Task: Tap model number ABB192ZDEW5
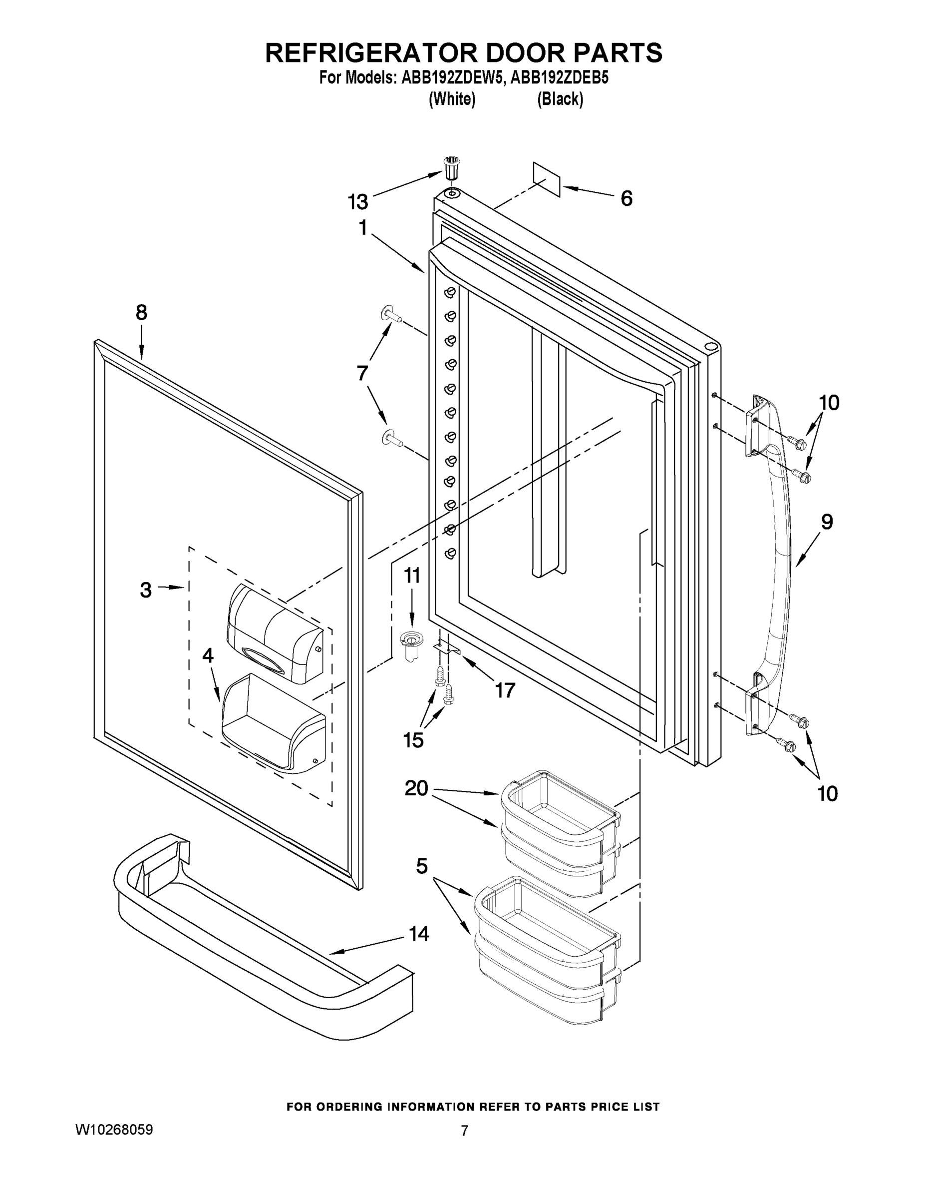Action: pyautogui.click(x=451, y=77)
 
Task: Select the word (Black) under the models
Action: pyautogui.click(x=560, y=99)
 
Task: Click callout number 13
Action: pyautogui.click(x=358, y=202)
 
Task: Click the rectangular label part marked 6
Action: pyautogui.click(x=547, y=179)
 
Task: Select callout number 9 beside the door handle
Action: pyautogui.click(x=827, y=522)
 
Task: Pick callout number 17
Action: pyautogui.click(x=505, y=690)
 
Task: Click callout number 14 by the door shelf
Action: pyautogui.click(x=419, y=934)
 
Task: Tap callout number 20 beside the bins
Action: pyautogui.click(x=416, y=789)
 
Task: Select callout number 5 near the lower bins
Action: pyautogui.click(x=421, y=866)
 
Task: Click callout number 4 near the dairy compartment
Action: pyautogui.click(x=207, y=655)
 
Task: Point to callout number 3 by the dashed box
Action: pyautogui.click(x=145, y=590)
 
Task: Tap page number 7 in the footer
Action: pyautogui.click(x=464, y=1143)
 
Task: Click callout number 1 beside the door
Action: pyautogui.click(x=362, y=228)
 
